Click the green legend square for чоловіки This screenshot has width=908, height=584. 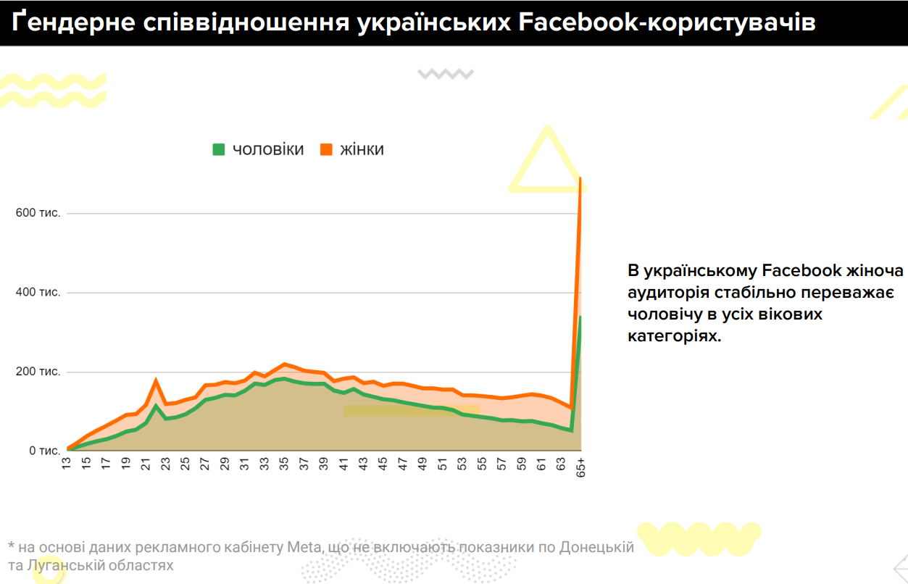click(218, 150)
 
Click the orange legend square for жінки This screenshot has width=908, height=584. click(325, 150)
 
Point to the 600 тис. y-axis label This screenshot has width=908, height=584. click(38, 214)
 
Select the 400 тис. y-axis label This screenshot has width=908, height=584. click(38, 293)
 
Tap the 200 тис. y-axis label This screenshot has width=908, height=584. click(38, 372)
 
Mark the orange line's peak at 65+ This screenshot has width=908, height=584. click(580, 178)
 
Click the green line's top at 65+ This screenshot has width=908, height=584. click(580, 317)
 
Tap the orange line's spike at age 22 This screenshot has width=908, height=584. click(156, 380)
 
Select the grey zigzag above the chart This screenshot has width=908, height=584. click(445, 73)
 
